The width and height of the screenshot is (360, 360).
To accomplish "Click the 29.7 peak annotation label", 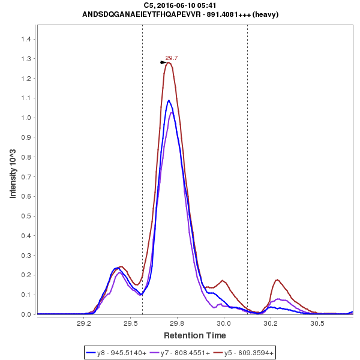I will tap(172, 58).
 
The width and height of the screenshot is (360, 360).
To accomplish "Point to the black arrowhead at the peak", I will tap(163, 62).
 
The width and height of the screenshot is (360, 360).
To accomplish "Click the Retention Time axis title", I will tap(195, 335).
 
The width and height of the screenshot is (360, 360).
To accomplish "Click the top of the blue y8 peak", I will tap(169, 100).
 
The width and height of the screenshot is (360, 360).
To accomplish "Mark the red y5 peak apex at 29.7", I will tap(169, 62).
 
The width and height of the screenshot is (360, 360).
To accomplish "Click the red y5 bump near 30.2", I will tap(277, 280).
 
